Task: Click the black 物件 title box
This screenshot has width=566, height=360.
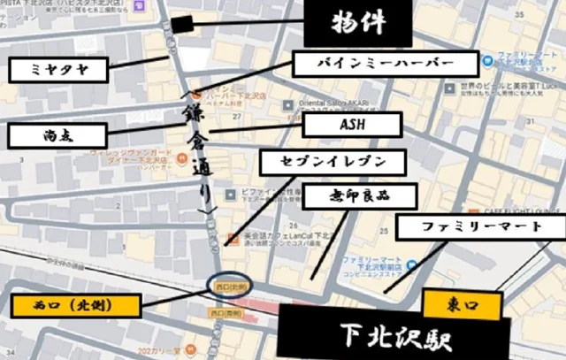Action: [357, 23]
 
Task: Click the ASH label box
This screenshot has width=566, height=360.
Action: [352, 124]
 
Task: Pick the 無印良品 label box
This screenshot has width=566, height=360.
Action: [347, 195]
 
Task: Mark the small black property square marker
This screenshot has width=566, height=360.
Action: [182, 25]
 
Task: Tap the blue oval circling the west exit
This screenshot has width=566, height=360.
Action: [233, 286]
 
